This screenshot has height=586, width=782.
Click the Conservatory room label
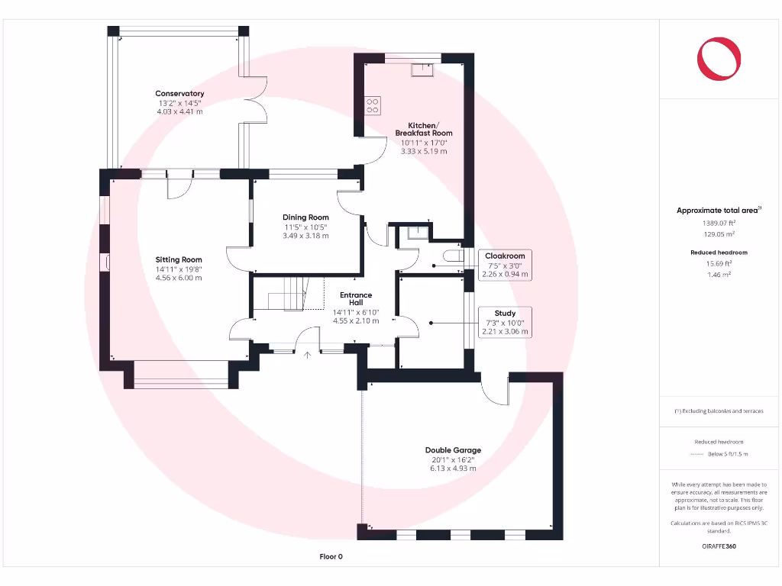point(181,94)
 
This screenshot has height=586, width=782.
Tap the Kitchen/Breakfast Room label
point(424,129)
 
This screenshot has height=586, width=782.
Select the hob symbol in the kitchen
point(373,105)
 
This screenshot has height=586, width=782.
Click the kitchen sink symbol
point(422,70)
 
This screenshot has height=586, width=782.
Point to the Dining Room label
point(305,217)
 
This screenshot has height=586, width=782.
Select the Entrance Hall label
point(356,298)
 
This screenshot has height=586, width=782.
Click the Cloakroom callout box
point(505,265)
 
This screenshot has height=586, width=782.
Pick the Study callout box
point(505,322)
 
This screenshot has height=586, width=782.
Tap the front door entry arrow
point(308,355)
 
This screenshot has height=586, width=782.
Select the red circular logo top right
point(719,58)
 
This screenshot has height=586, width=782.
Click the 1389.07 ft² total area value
point(719,223)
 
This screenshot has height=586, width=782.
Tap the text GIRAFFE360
point(719,546)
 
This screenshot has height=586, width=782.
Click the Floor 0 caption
point(331,557)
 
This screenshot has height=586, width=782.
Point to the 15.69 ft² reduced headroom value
point(719,263)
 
